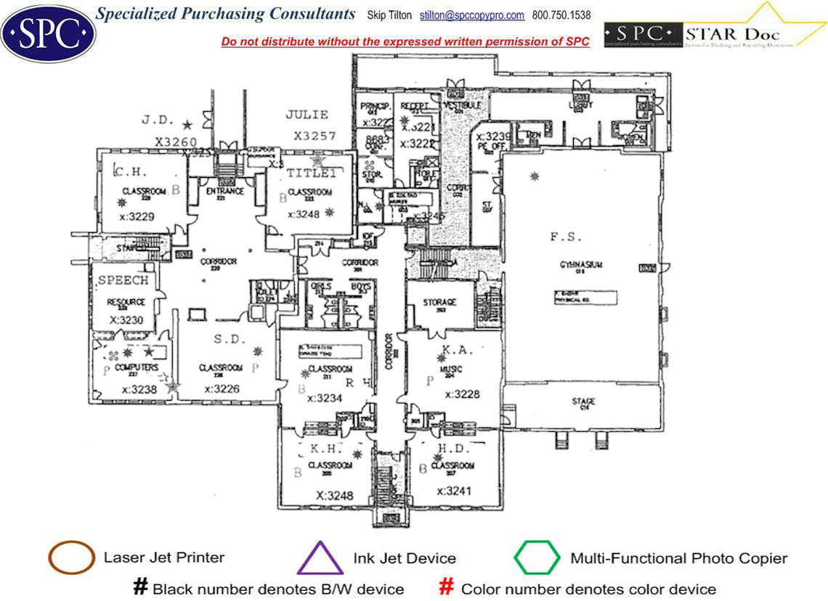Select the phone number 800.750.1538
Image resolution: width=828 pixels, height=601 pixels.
tap(561, 15)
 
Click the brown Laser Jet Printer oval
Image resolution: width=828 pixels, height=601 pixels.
tap(71, 557)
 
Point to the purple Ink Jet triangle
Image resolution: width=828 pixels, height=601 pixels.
tap(320, 558)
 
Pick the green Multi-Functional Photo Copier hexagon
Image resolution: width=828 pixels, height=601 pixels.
tap(537, 558)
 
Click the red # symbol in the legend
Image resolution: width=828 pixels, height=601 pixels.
tap(447, 587)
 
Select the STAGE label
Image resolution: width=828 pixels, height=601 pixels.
tap(583, 401)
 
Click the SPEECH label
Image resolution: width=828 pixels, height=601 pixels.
tap(123, 280)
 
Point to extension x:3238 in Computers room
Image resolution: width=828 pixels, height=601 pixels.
tap(139, 389)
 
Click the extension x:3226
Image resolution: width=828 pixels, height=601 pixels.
tap(222, 389)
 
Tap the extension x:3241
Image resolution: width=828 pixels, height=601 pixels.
tap(454, 491)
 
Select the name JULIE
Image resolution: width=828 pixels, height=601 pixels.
tap(307, 115)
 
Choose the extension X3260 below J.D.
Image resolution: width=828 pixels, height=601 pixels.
tap(176, 142)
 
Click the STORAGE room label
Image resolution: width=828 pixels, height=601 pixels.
tap(440, 302)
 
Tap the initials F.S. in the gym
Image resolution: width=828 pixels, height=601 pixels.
tap(566, 237)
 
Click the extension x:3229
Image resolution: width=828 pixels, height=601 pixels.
tap(137, 216)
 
